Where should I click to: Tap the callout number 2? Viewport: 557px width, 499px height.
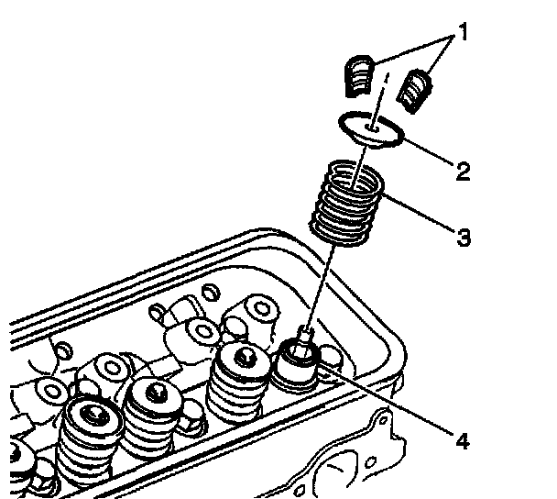(x=464, y=170)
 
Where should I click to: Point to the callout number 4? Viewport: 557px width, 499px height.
(x=462, y=441)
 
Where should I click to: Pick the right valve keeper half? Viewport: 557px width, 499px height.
(x=416, y=89)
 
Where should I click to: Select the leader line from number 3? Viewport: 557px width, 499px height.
(x=421, y=217)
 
